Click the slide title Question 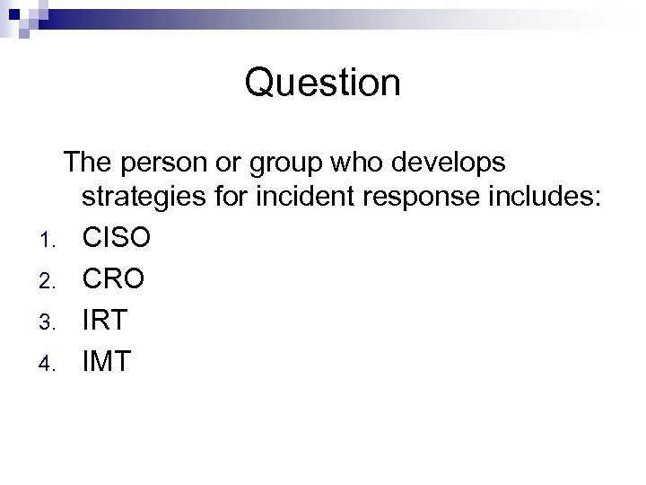coord(322,84)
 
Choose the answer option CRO coord(113,278)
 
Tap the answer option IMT coord(107,361)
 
